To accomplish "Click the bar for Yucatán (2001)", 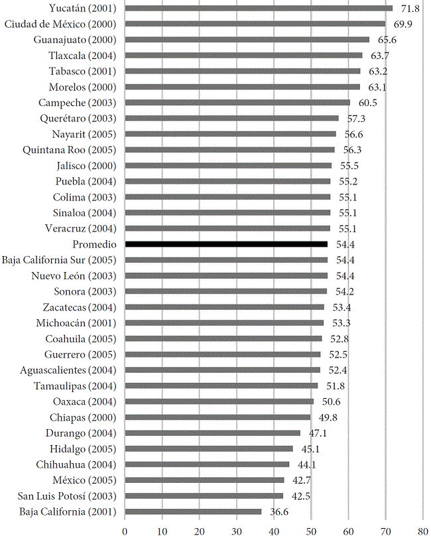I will [x=259, y=8].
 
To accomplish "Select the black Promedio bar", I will [x=226, y=244].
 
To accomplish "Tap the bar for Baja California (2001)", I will [x=193, y=511].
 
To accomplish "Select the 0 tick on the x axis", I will [x=125, y=531].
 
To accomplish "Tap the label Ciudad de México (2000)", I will [x=60, y=24].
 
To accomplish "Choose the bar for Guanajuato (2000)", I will [x=247, y=40].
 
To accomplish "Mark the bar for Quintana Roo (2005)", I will [x=230, y=150].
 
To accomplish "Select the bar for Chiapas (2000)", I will [x=217, y=417].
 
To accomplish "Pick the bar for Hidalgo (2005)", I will [x=209, y=448].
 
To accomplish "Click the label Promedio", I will [x=93, y=244].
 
